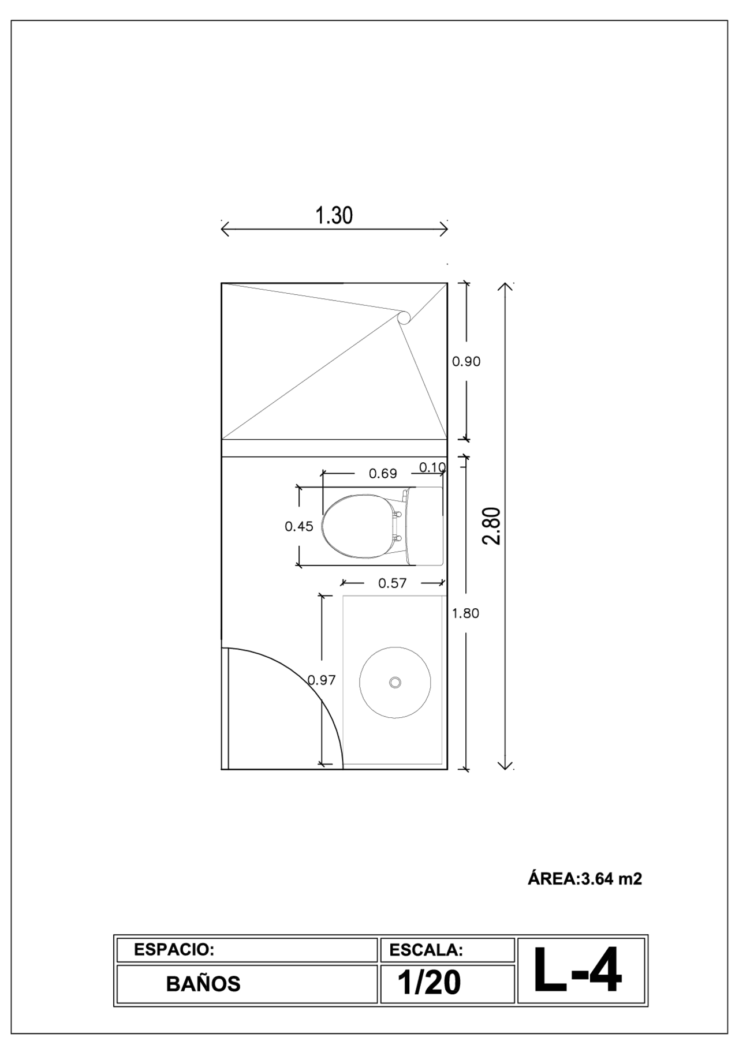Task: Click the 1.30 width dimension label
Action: point(334,215)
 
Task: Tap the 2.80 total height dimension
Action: point(491,526)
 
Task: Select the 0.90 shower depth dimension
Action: point(466,362)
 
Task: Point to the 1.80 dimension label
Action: point(465,613)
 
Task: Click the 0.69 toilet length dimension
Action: point(383,474)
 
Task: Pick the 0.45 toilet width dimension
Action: point(299,526)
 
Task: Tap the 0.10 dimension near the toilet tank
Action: point(432,467)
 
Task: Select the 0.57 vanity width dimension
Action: point(393,583)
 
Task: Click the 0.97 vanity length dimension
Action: point(322,680)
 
